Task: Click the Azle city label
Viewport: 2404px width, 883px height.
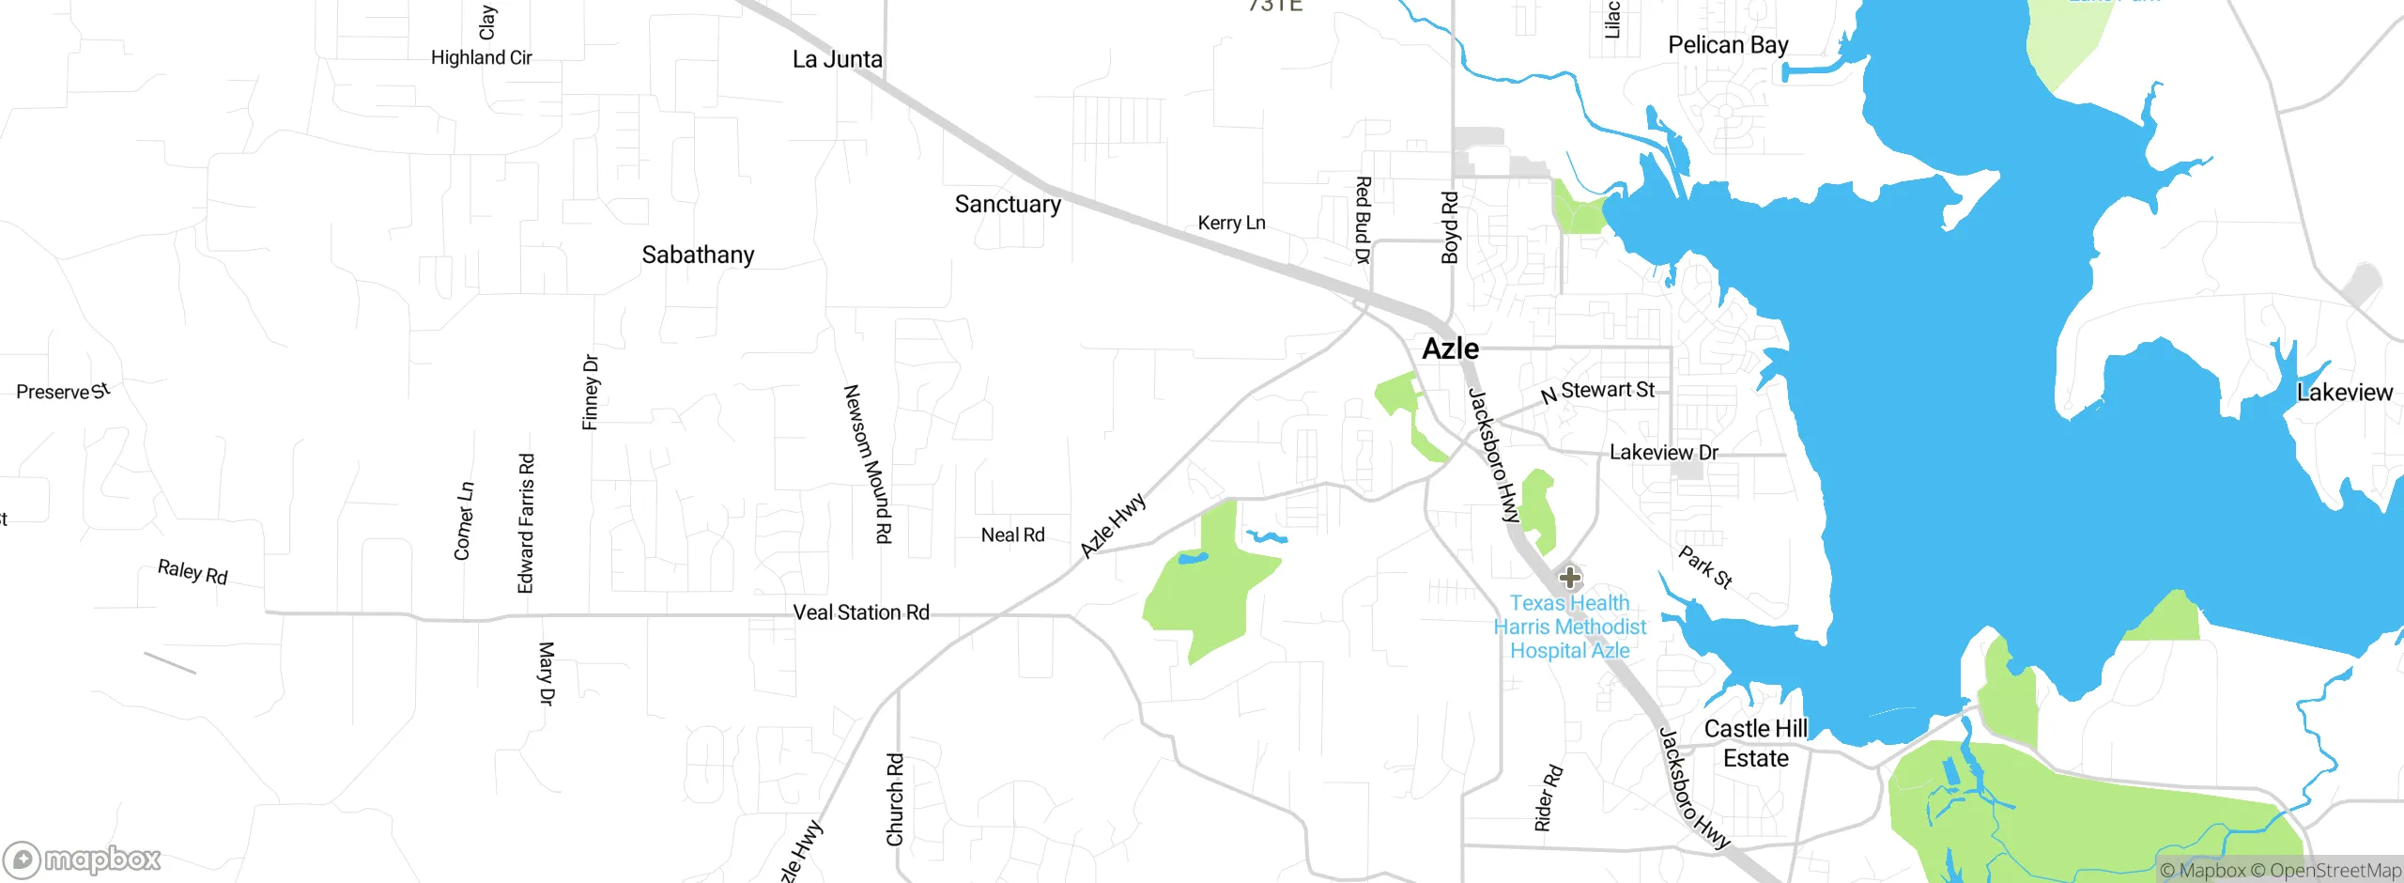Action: (x=1450, y=349)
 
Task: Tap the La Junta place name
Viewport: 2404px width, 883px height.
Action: (x=837, y=60)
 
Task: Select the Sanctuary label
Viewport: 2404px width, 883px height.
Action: (x=1008, y=205)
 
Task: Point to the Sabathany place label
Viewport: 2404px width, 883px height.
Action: (x=698, y=256)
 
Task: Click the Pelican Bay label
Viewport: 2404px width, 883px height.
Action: (x=1728, y=45)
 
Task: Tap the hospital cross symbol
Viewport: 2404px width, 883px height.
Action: (x=1569, y=577)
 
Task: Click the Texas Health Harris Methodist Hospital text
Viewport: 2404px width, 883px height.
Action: (x=1570, y=627)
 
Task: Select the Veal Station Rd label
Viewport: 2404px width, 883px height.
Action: (x=861, y=612)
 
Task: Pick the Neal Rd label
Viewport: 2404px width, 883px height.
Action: (x=1012, y=535)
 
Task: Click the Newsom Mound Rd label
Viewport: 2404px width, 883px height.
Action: (x=867, y=464)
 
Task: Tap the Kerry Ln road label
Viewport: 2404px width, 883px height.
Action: (x=1231, y=224)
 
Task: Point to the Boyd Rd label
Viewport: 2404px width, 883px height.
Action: (x=1450, y=228)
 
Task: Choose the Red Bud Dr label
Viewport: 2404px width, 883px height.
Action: (x=1363, y=220)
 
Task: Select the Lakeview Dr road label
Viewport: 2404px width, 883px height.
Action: (x=1663, y=453)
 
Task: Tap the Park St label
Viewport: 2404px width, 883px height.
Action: (x=1705, y=567)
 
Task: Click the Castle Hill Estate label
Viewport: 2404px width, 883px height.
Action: (x=1755, y=744)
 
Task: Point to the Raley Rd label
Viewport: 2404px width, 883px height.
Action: (x=193, y=572)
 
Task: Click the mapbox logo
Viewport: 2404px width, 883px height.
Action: (x=83, y=860)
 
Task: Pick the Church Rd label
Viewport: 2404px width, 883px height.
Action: (x=895, y=798)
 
